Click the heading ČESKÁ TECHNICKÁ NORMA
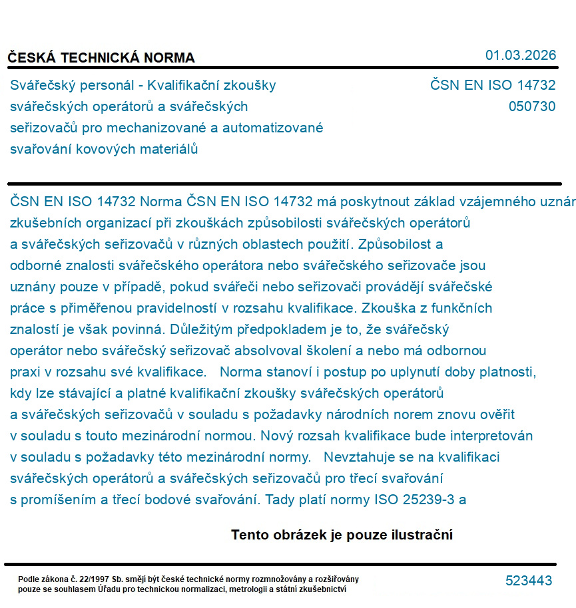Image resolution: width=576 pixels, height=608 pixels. [101, 58]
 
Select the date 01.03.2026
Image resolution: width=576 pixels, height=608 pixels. [521, 55]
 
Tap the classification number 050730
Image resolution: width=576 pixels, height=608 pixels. [532, 106]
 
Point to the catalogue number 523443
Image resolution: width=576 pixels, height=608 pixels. [529, 581]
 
